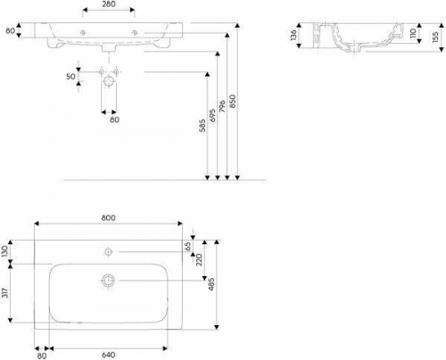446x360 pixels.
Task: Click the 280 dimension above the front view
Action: [108, 4]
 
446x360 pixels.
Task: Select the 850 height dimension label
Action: [233, 102]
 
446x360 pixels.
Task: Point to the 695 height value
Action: [212, 115]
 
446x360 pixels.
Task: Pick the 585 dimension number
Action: [202, 126]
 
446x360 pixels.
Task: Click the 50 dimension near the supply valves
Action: [70, 77]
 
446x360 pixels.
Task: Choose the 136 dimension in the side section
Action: [293, 35]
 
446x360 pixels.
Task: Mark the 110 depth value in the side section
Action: [413, 33]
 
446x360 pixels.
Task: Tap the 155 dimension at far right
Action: [435, 37]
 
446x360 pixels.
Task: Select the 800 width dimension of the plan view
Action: [108, 217]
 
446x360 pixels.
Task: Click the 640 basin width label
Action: [108, 355]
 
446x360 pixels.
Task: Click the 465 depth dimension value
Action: [211, 284]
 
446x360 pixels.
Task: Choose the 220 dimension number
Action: [199, 259]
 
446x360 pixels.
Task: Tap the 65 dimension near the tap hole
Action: [188, 247]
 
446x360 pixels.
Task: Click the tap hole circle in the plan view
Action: [108, 252]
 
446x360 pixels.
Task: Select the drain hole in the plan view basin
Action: [108, 280]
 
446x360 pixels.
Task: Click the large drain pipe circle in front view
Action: [109, 81]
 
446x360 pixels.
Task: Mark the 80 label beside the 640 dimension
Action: [42, 356]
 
